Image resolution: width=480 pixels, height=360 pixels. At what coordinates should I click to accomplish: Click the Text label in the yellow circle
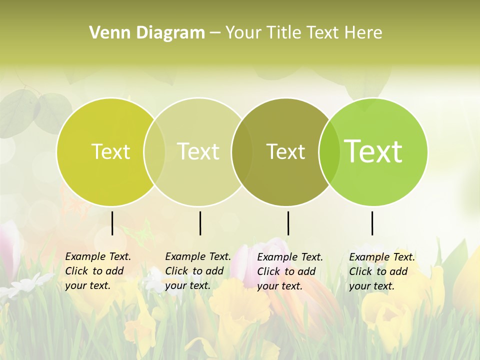(110, 151)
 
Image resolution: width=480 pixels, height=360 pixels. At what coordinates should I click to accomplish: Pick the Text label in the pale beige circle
(198, 151)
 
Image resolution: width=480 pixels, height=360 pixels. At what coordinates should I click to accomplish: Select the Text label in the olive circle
(285, 152)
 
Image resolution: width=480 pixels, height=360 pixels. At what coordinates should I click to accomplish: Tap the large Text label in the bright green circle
(373, 151)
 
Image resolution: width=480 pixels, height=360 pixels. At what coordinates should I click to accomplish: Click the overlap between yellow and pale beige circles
(154, 152)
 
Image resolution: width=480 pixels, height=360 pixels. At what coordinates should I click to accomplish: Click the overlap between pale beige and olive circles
(241, 152)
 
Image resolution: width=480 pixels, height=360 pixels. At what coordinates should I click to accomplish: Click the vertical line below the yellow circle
(112, 223)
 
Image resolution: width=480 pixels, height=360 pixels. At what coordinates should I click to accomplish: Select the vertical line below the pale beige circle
(200, 223)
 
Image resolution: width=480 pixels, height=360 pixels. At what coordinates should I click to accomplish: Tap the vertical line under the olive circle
(288, 223)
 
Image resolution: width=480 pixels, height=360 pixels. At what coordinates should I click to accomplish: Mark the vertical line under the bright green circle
(372, 223)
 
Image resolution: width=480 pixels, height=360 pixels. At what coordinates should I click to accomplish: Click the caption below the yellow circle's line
(98, 271)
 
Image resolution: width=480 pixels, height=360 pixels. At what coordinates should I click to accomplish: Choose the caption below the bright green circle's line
(382, 271)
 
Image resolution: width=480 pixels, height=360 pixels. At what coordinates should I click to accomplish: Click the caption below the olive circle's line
(290, 271)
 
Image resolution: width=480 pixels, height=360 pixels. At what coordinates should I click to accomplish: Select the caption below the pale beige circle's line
(198, 271)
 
